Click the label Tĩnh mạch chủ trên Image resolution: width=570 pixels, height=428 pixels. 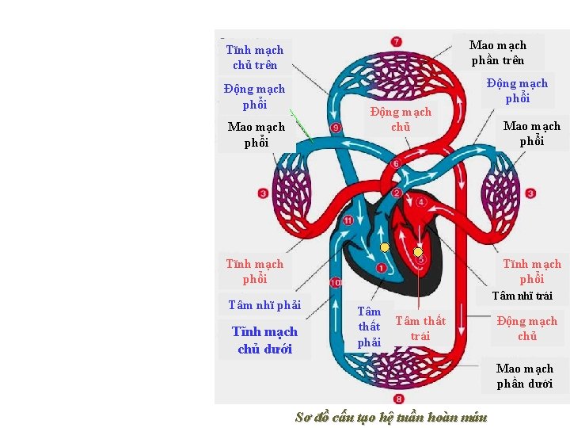click(x=254, y=57)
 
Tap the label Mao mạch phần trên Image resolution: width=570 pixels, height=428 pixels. click(x=497, y=52)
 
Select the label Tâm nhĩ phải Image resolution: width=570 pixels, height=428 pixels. click(x=264, y=305)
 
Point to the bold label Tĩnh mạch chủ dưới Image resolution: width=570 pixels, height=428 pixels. click(x=264, y=340)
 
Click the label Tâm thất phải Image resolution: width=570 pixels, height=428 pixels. click(x=369, y=327)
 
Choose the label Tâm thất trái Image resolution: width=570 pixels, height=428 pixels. click(x=420, y=328)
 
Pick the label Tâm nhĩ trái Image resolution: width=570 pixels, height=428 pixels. click(x=522, y=296)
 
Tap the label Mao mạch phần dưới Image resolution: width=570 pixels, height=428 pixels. click(x=525, y=376)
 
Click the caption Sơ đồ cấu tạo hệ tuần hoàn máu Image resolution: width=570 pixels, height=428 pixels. click(x=390, y=417)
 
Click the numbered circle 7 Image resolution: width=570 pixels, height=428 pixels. click(x=396, y=41)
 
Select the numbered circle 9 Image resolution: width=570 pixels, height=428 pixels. click(x=336, y=128)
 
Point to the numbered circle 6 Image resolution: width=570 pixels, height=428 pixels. click(x=396, y=164)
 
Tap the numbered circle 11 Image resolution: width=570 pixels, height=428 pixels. click(x=348, y=220)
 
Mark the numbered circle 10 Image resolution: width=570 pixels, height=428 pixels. click(x=336, y=282)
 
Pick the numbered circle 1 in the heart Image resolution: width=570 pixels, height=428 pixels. click(x=381, y=269)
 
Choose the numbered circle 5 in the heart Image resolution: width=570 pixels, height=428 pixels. click(x=420, y=260)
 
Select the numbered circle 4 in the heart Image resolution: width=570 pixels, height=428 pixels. click(x=421, y=202)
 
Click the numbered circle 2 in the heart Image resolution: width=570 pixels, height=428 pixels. click(x=397, y=193)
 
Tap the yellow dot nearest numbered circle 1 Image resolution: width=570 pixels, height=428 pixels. click(x=384, y=247)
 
